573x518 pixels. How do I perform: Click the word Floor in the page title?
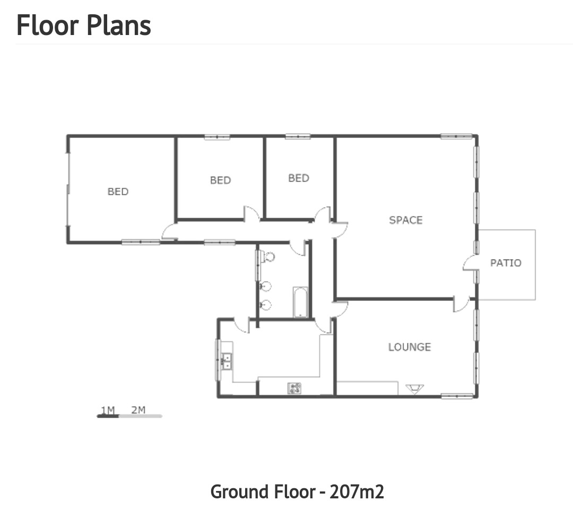pos(48,25)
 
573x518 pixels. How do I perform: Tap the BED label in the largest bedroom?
pos(118,192)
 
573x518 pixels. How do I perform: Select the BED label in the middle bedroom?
pos(220,180)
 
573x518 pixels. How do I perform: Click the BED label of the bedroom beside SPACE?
pos(299,178)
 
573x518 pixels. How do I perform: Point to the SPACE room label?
pos(406,220)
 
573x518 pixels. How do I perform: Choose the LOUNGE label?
pos(410,347)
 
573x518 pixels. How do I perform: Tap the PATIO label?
pos(506,263)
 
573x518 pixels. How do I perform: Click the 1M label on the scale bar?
pos(108,410)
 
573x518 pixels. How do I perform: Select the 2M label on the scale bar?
pos(138,410)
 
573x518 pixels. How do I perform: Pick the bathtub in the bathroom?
pos(300,302)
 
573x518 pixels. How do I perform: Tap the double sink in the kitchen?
pos(227,361)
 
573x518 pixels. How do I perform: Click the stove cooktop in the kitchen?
pos(294,388)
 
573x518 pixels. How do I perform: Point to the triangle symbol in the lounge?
pos(415,388)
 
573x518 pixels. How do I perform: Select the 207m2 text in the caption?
pos(357,491)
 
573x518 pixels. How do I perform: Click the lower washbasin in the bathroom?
pos(266,305)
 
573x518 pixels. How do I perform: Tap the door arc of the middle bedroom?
pos(252,213)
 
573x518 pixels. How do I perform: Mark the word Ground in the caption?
pos(236,491)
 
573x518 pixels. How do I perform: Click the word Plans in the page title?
pos(119,25)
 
